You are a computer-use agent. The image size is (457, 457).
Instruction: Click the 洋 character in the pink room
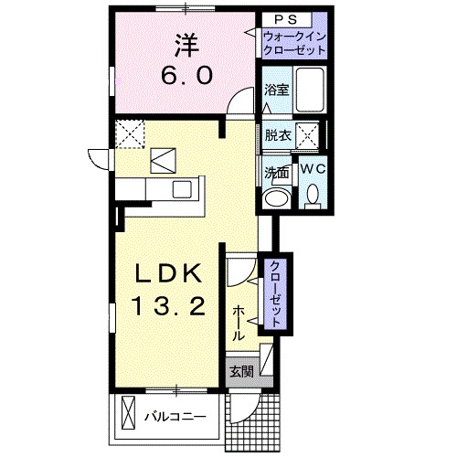pos(186,43)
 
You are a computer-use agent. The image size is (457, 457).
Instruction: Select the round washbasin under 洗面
pos(274,197)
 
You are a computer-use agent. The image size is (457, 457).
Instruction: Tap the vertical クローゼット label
pos(274,292)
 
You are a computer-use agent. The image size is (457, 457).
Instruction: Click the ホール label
pos(240,324)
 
